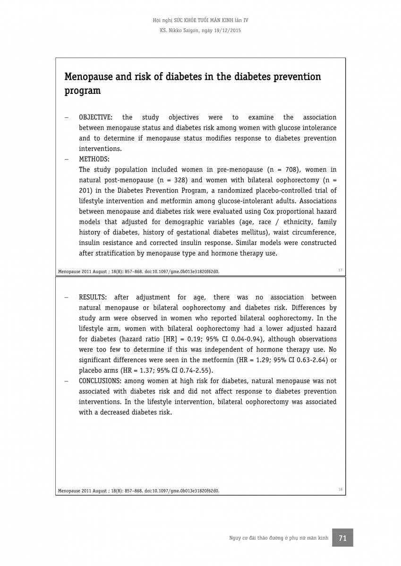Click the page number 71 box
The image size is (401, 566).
[342, 538]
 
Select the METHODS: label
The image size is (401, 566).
[94, 159]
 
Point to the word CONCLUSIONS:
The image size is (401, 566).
[101, 381]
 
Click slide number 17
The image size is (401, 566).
[340, 270]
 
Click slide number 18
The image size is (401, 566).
[340, 490]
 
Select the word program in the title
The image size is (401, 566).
[82, 91]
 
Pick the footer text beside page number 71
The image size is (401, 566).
[278, 538]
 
